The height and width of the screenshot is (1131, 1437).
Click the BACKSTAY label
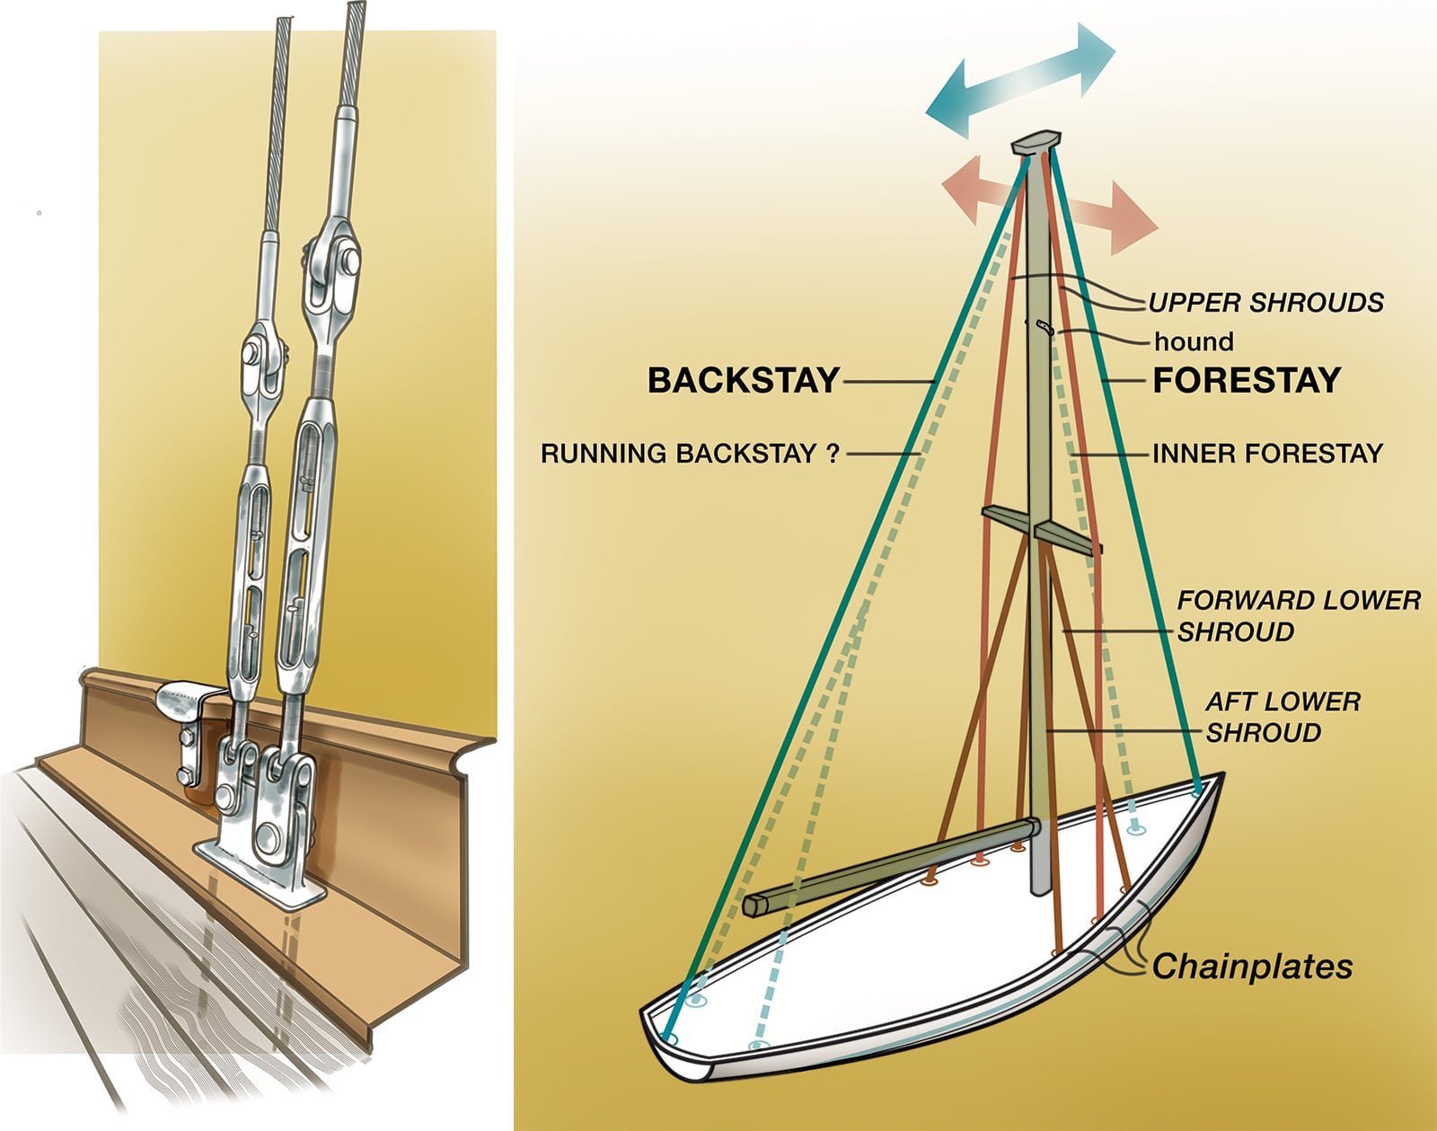click(744, 381)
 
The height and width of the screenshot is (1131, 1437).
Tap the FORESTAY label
click(1247, 381)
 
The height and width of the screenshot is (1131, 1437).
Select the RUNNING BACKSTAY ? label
click(690, 454)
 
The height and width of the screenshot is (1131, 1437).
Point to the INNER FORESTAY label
click(1267, 454)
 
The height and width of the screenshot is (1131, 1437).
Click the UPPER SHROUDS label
click(1266, 304)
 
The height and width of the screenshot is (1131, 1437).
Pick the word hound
click(1194, 342)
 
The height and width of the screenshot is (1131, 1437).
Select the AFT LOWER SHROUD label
click(1283, 718)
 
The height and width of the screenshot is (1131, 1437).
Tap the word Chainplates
click(1252, 967)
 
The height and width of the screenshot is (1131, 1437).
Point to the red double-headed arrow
click(1049, 205)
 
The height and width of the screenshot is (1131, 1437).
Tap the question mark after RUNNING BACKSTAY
click(832, 454)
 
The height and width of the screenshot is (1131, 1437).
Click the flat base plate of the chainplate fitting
click(261, 870)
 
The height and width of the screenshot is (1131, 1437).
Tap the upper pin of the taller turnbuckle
click(348, 260)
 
